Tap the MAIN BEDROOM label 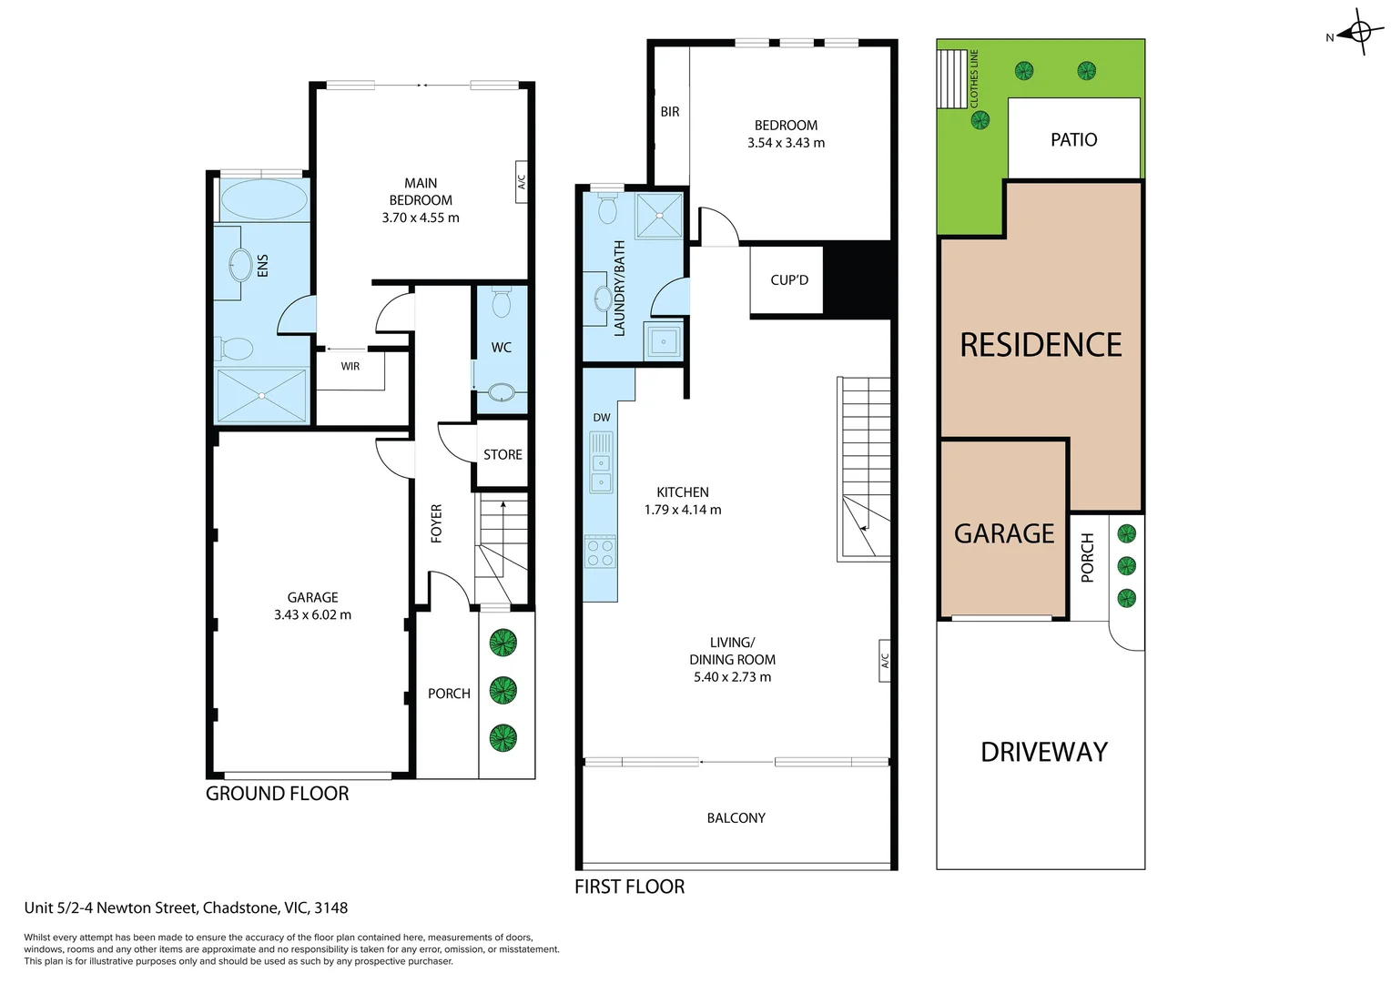421,192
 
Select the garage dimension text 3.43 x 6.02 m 312,615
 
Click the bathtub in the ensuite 263,199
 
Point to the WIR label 350,366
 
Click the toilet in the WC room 502,302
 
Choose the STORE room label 503,455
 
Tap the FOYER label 436,523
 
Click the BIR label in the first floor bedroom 670,112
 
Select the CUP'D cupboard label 788,280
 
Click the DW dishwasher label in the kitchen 601,418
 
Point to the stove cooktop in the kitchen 601,552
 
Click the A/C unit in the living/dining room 883,659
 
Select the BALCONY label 736,818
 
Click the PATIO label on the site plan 1073,140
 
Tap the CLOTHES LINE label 974,79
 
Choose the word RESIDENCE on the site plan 1041,345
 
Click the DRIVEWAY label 1043,752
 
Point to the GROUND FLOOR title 277,794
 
